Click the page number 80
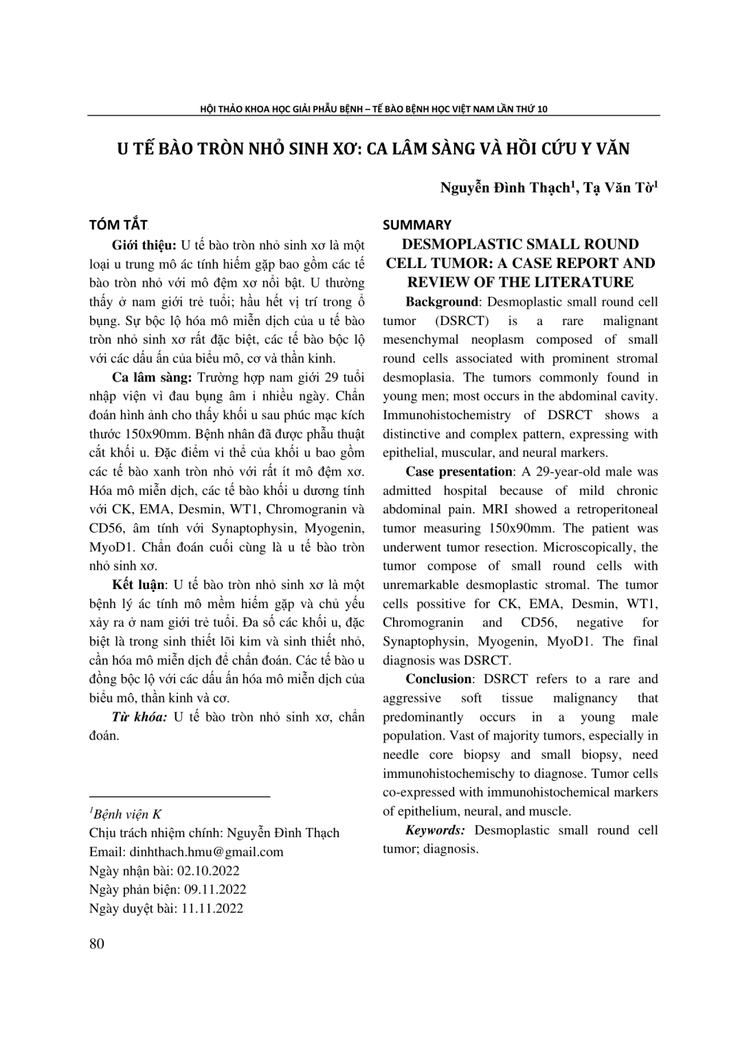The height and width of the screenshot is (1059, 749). pyautogui.click(x=97, y=944)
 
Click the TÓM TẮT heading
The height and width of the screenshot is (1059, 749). pyautogui.click(x=119, y=225)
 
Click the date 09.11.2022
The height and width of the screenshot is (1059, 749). pyautogui.click(x=214, y=889)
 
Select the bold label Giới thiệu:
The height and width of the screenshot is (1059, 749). pyautogui.click(x=144, y=245)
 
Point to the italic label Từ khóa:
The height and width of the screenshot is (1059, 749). pyautogui.click(x=139, y=717)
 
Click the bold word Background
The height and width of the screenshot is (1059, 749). pyautogui.click(x=441, y=302)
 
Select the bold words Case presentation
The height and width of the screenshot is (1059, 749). pyautogui.click(x=459, y=471)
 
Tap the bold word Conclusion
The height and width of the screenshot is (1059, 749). pyautogui.click(x=438, y=679)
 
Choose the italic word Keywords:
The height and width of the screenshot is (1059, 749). pyautogui.click(x=435, y=830)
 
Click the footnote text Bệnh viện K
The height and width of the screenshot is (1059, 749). pyautogui.click(x=128, y=815)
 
